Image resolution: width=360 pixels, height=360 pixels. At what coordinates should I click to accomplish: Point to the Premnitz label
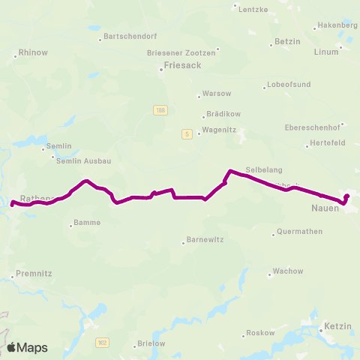click(34, 274)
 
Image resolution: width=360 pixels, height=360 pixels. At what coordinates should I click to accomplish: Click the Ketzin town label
click(336, 327)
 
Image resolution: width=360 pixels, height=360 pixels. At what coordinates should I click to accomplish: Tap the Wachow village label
click(288, 271)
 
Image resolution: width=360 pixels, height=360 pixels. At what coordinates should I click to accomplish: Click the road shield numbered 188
click(161, 110)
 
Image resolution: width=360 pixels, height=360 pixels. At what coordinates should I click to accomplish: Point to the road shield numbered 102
click(102, 342)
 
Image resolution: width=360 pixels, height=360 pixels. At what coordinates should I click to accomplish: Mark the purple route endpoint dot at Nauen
click(346, 196)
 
